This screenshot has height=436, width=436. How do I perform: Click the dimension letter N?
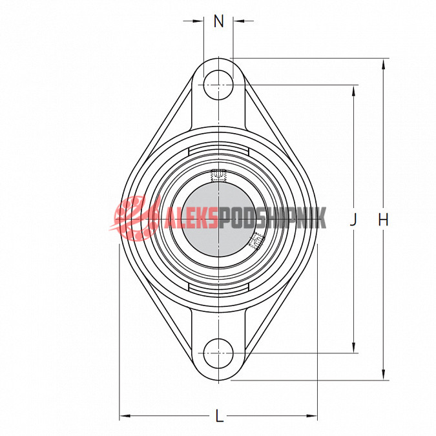tap(219, 21)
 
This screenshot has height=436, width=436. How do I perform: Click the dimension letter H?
tap(383, 220)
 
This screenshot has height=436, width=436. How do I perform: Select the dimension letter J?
tap(353, 220)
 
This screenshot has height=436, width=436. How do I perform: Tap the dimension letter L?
tap(220, 416)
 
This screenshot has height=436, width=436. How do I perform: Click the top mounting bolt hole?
tap(218, 85)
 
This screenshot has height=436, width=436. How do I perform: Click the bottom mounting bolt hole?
tap(218, 353)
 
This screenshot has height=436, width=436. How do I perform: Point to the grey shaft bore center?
tap(219, 220)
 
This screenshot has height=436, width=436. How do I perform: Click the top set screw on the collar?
tap(218, 176)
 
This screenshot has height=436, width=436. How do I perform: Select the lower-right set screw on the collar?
tap(256, 241)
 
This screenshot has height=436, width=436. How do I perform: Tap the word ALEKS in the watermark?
tap(190, 219)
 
